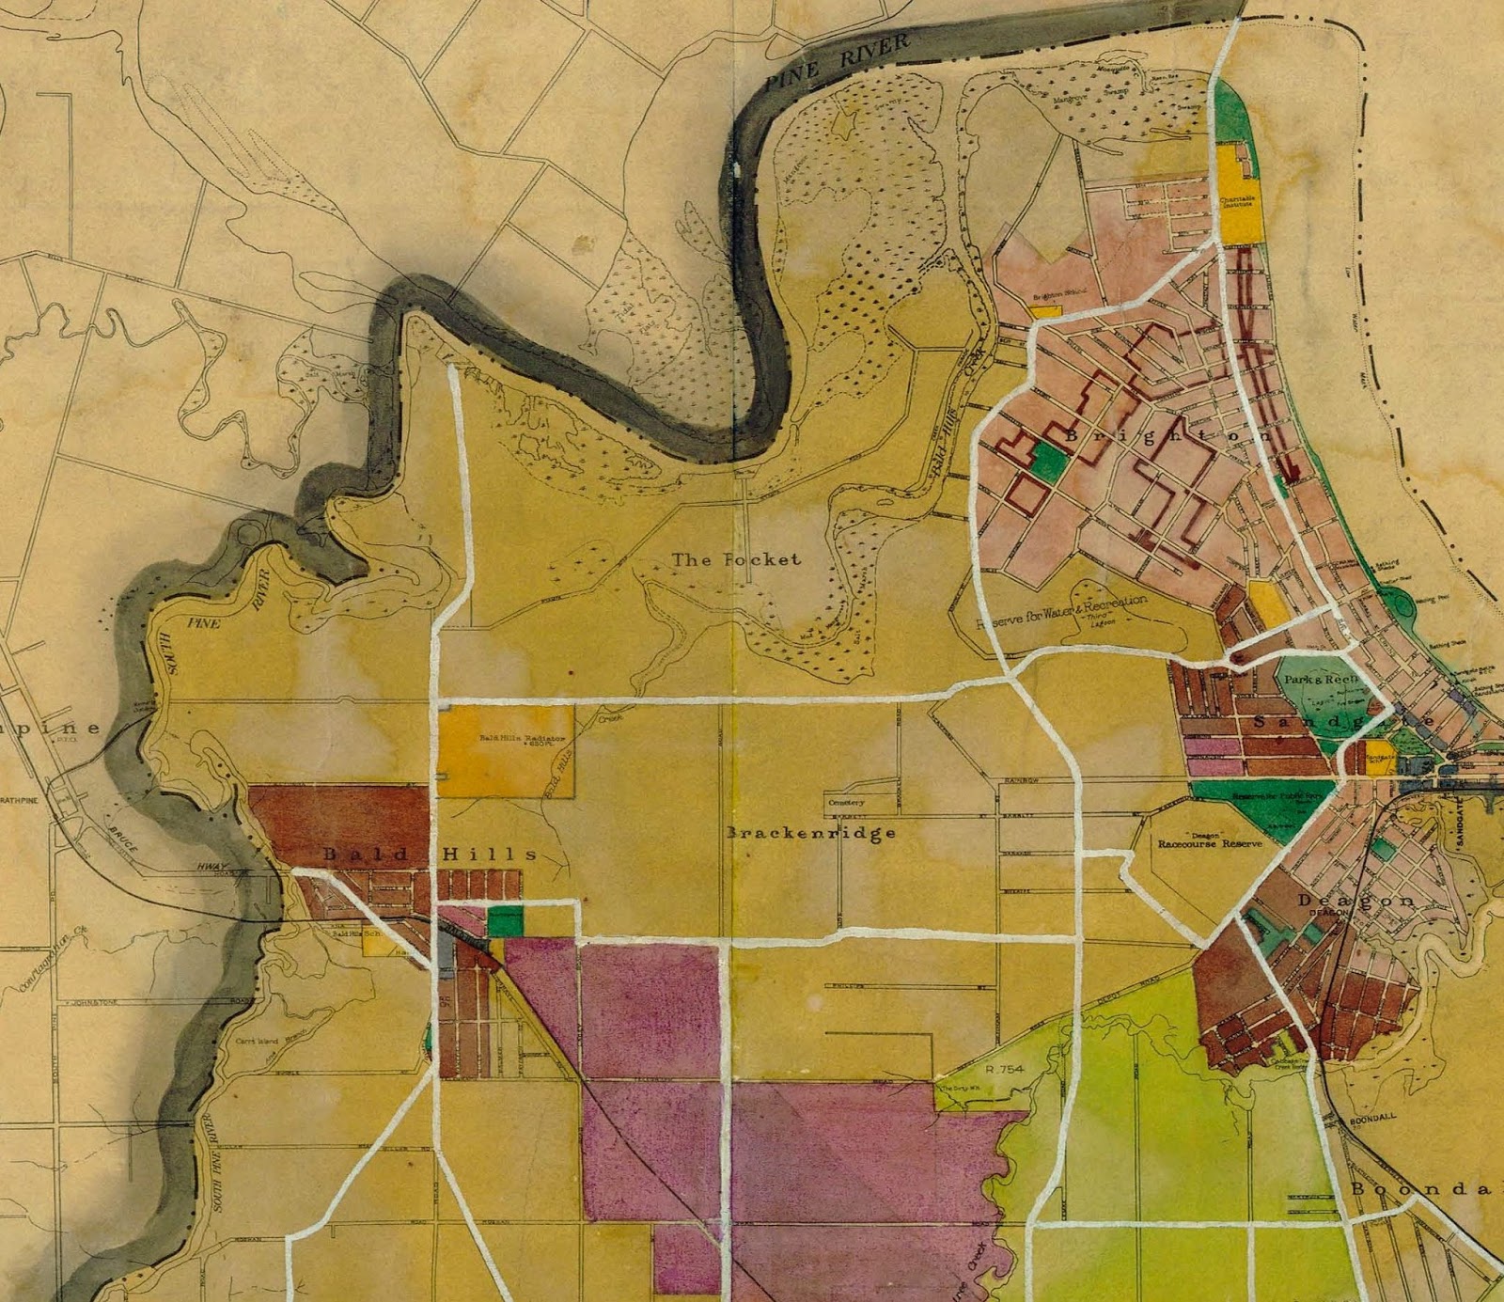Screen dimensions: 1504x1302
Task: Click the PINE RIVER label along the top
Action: (x=837, y=60)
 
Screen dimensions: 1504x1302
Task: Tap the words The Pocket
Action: (x=736, y=559)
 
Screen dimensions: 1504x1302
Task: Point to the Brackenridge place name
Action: (x=811, y=833)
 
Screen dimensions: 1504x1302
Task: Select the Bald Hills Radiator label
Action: (x=523, y=739)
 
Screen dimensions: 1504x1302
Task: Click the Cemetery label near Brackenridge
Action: (x=846, y=803)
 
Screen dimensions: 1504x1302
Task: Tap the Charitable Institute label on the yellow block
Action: (x=1237, y=201)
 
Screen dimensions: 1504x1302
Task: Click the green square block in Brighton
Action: (x=1050, y=461)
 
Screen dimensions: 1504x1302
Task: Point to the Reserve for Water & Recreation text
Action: (x=1062, y=611)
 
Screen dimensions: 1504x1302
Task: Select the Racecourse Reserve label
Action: (x=1210, y=843)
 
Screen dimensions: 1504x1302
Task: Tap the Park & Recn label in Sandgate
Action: (x=1321, y=679)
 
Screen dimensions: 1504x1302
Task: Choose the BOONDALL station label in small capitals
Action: (x=1372, y=1120)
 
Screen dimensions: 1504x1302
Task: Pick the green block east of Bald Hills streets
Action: (x=505, y=921)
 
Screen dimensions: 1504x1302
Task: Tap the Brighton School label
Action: (x=1059, y=293)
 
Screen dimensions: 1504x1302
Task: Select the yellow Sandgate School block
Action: (x=1379, y=757)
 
